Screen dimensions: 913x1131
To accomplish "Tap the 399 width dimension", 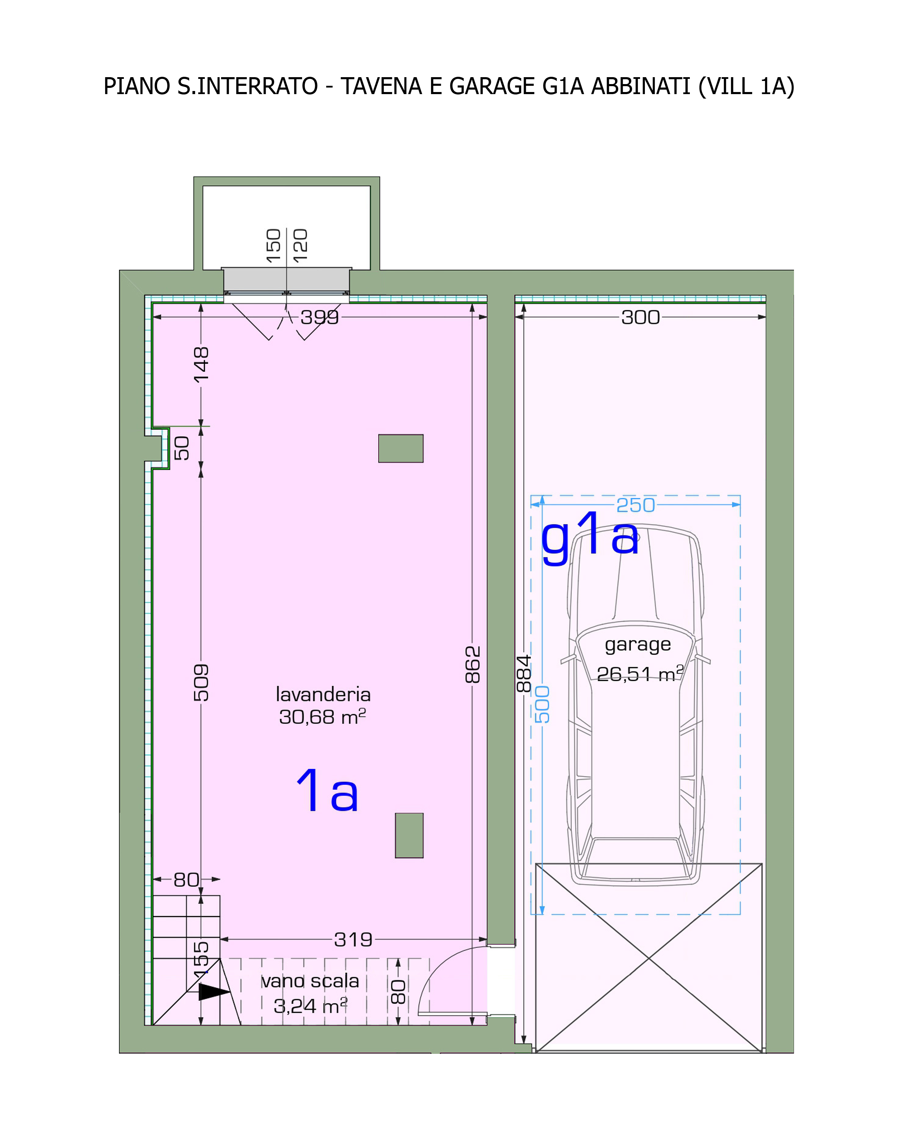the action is tap(320, 317).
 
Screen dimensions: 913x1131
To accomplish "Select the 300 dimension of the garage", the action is tap(641, 317).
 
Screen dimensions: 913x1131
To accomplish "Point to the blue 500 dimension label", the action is tap(542, 704).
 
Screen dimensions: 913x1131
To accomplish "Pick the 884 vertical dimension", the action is tap(524, 674).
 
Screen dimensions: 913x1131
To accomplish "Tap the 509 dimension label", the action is tap(201, 683).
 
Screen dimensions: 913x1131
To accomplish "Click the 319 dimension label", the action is tap(354, 940).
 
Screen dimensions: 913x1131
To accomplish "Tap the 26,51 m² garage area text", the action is tap(640, 674).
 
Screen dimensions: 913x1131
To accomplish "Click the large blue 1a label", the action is tap(328, 790).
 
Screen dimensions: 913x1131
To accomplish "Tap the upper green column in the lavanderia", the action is tap(401, 448).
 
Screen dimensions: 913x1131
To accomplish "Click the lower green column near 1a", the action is tap(409, 836).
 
